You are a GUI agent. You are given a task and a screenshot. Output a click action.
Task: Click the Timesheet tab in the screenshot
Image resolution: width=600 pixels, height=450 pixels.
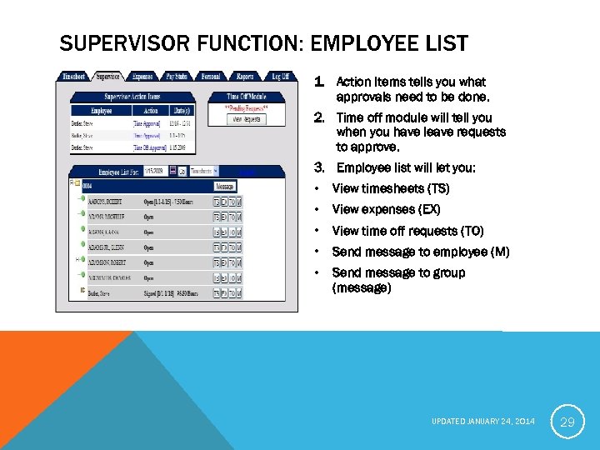click(x=73, y=77)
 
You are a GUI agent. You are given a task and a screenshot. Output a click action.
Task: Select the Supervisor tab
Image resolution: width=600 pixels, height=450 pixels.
click(x=107, y=77)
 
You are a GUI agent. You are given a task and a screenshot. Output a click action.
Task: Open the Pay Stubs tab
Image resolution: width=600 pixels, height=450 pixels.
click(x=177, y=77)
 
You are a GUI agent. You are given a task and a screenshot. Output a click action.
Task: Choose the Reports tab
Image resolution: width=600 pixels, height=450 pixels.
click(x=244, y=77)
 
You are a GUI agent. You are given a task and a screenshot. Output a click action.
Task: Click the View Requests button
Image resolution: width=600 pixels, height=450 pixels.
click(x=246, y=119)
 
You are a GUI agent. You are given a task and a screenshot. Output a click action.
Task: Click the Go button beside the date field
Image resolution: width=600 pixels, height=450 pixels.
click(x=182, y=171)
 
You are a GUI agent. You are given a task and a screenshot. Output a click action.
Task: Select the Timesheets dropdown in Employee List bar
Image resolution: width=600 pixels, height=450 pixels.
click(x=204, y=171)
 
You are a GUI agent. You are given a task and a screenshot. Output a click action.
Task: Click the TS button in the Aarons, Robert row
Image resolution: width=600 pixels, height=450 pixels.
click(x=217, y=202)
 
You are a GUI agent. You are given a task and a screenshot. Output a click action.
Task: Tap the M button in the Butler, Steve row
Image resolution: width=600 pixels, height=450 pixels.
click(x=239, y=292)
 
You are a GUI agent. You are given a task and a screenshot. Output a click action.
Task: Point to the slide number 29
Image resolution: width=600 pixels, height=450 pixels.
click(x=567, y=422)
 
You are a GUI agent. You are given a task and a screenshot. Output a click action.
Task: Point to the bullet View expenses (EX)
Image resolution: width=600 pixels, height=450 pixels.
click(x=386, y=209)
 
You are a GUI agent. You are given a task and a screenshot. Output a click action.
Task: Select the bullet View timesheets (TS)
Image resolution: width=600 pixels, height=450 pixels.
click(x=390, y=188)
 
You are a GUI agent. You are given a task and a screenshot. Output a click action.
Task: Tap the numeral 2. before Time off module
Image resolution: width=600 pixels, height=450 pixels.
click(x=319, y=117)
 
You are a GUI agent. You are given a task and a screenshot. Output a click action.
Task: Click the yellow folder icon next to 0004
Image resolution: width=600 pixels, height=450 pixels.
click(x=76, y=182)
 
